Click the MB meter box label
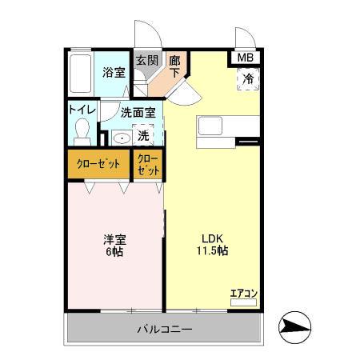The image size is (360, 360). point(245,58)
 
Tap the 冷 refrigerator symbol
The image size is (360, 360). point(248,79)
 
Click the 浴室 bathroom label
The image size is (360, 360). point(114,72)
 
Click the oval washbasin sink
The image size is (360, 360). point(121,138)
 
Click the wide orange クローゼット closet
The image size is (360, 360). point(99,165)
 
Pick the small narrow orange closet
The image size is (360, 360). point(149,165)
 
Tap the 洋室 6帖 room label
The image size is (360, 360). point(114,245)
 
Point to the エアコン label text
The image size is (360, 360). point(242,293)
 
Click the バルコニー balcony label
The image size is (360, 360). point(164,329)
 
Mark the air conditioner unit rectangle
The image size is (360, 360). point(243,304)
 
